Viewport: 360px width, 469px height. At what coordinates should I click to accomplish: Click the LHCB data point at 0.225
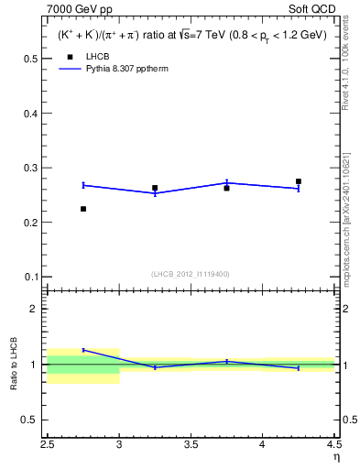coord(83,209)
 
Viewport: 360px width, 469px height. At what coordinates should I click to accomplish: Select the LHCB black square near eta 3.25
coord(155,188)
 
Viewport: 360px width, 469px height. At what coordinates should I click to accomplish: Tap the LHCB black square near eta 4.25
coord(299,181)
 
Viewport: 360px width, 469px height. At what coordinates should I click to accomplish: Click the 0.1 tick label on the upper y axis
coord(30,277)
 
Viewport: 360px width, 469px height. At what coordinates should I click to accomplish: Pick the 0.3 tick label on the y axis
coord(30,168)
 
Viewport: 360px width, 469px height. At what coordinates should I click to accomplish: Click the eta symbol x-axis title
coord(335,456)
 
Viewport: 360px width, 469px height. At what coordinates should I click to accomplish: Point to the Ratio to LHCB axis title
coord(14,365)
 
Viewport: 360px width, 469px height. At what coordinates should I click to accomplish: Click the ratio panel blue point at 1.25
coord(83,350)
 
